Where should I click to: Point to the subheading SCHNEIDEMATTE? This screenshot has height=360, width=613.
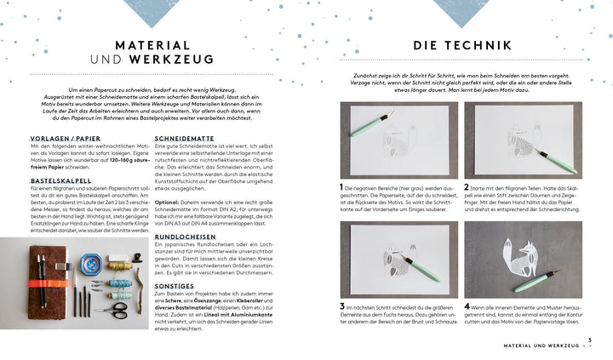pos(188,137)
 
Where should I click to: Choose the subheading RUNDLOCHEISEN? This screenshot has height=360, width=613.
pos(189,237)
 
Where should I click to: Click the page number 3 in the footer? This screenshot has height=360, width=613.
pos(600,341)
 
